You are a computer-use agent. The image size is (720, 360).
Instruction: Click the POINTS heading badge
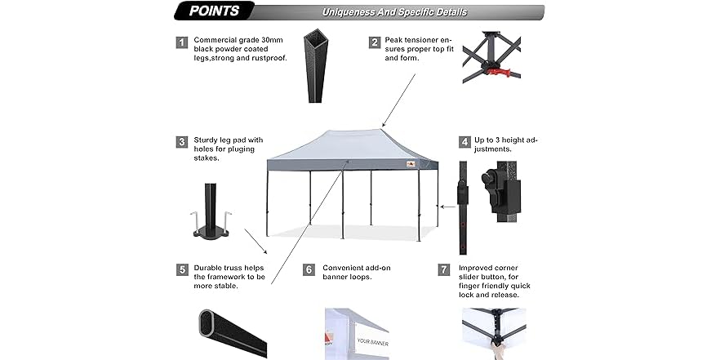tap(214, 11)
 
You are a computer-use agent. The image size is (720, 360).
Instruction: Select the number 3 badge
tap(181, 142)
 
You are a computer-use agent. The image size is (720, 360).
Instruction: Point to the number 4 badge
tap(464, 142)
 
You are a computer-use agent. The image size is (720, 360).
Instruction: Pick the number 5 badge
tap(181, 269)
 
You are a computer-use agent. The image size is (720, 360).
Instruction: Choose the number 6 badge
tap(308, 269)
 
